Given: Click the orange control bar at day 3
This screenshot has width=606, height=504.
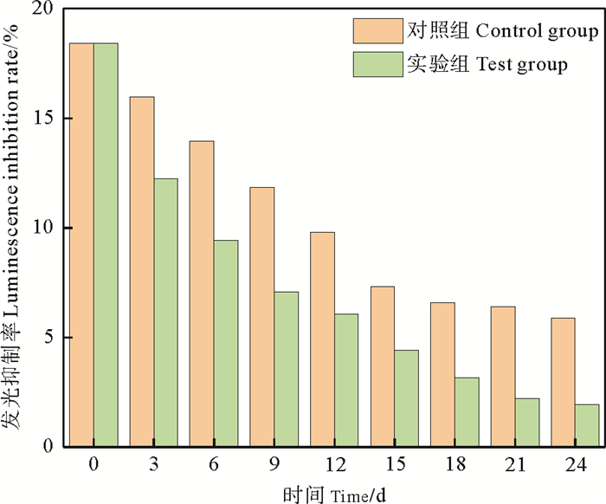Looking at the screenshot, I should tap(142, 272).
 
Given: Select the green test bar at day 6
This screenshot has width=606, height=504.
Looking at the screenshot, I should tap(226, 344).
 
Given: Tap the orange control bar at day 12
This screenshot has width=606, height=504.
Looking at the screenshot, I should tap(322, 339).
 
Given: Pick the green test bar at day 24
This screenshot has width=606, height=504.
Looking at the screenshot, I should tap(587, 425).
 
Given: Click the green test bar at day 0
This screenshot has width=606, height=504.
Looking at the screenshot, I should tap(106, 245).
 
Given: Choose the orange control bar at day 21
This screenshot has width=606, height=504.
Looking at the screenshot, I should tap(503, 377).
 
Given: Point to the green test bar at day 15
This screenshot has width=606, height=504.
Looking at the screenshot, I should tap(406, 398).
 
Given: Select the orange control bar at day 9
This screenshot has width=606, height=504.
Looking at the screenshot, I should tap(262, 317).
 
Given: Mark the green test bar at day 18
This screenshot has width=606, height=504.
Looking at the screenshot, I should tap(467, 412).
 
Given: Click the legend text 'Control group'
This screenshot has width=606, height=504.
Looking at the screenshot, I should tap(538, 32).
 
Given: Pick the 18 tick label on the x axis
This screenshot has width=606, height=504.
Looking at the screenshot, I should tap(455, 465).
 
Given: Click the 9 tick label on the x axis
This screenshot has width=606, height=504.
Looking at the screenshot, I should tap(274, 465).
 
